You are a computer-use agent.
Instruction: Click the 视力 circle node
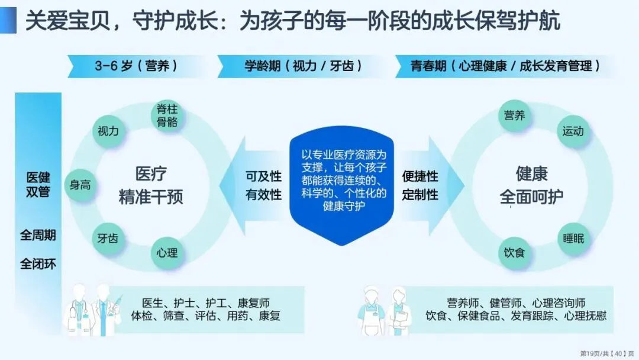click(x=108, y=131)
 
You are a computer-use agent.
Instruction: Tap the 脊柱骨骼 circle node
click(x=167, y=115)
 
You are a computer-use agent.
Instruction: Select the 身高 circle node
click(x=80, y=184)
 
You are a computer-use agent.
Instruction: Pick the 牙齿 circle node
click(x=108, y=239)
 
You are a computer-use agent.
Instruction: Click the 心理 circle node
click(x=167, y=253)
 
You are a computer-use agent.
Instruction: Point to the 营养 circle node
click(x=514, y=115)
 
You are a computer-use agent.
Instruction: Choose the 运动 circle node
click(x=573, y=131)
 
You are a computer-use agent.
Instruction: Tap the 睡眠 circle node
click(x=573, y=239)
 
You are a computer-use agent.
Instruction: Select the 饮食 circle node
click(x=514, y=253)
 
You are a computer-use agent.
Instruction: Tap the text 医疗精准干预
click(x=151, y=185)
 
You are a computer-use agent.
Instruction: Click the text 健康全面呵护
click(x=531, y=185)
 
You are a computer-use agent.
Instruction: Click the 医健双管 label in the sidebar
click(x=38, y=184)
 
